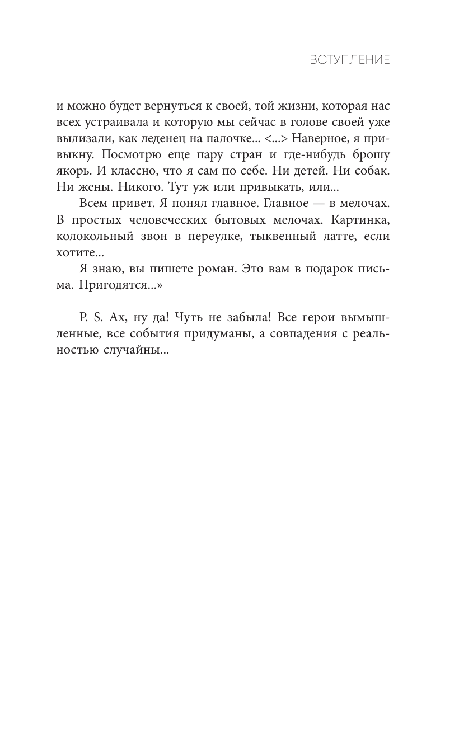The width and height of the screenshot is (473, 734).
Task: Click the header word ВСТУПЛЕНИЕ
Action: (350, 60)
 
